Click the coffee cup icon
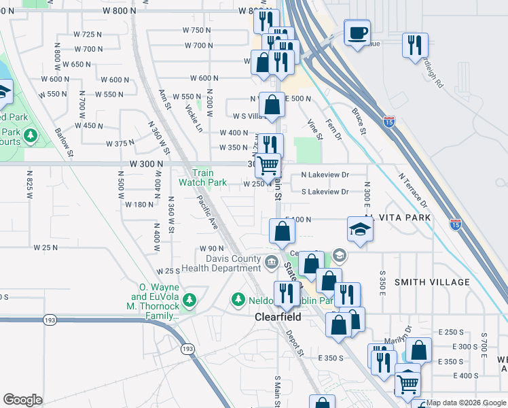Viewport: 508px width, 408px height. click(x=357, y=33)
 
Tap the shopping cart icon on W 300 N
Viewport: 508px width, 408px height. click(x=268, y=165)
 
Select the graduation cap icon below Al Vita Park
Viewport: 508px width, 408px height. click(x=361, y=230)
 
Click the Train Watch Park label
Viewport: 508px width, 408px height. click(x=202, y=177)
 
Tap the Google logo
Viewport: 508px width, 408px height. click(x=22, y=400)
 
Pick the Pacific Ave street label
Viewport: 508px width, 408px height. click(x=208, y=211)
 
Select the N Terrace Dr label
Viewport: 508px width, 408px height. click(x=414, y=190)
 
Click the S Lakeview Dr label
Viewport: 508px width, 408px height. click(x=325, y=192)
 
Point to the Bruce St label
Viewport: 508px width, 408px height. click(x=359, y=120)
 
